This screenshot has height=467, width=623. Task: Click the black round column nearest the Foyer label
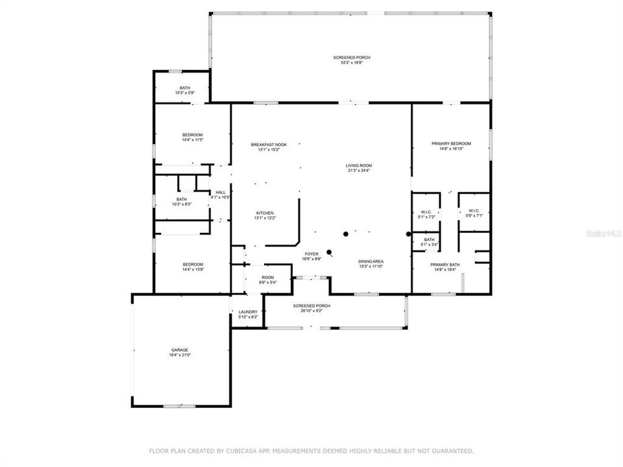point(330,252)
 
